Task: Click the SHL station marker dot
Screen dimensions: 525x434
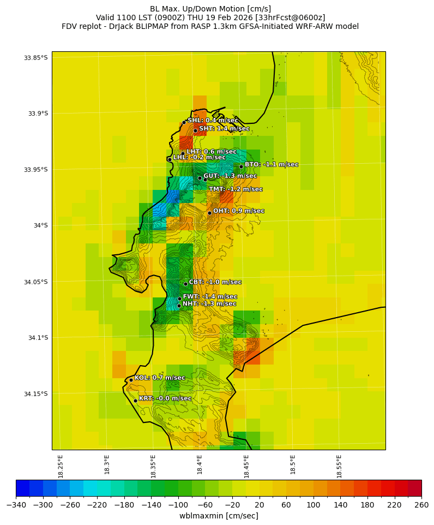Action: click(x=184, y=122)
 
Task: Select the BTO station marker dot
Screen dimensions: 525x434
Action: click(x=241, y=166)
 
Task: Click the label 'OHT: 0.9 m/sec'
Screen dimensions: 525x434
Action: click(x=238, y=211)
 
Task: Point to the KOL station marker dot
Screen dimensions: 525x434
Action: click(x=131, y=380)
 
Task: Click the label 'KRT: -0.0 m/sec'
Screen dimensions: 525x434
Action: click(x=165, y=398)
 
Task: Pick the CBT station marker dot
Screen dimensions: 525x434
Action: click(x=185, y=284)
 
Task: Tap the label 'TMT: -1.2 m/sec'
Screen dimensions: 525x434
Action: click(x=236, y=189)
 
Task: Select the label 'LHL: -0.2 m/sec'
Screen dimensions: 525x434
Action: click(x=199, y=157)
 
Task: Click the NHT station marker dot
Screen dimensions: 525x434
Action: click(x=179, y=306)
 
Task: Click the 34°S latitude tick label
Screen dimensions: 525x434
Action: click(x=39, y=225)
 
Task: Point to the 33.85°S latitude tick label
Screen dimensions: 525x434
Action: click(x=35, y=57)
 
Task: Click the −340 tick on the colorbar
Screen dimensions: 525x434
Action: click(x=16, y=505)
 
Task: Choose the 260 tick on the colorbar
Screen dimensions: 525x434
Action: click(x=421, y=505)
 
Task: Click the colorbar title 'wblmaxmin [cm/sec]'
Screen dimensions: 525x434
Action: click(x=219, y=516)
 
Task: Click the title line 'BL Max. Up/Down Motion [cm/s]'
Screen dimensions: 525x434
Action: click(x=210, y=9)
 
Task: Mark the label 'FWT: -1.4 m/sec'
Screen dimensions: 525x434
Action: click(x=210, y=296)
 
